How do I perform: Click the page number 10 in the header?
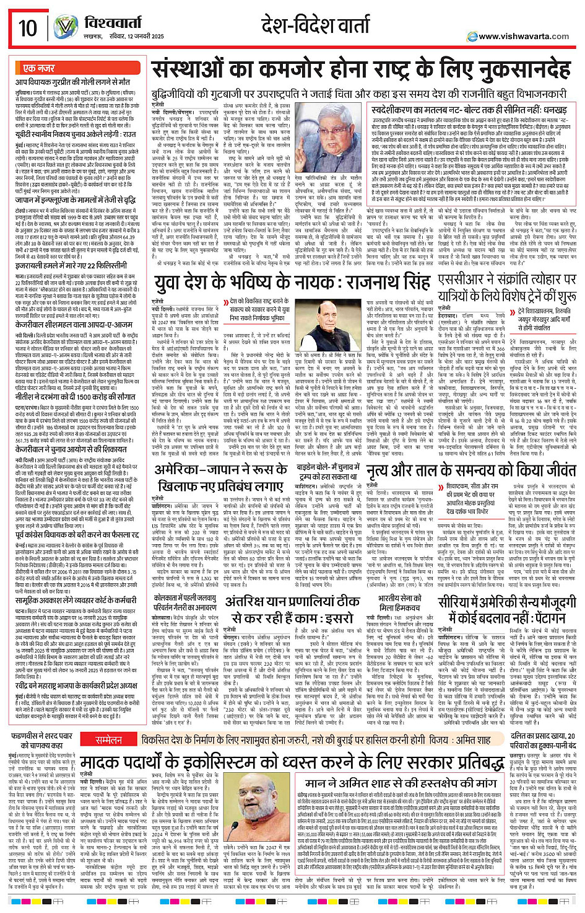(x=27, y=27)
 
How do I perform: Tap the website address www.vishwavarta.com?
(x=523, y=37)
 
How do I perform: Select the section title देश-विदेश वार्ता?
(x=315, y=25)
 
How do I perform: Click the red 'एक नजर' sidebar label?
(x=39, y=68)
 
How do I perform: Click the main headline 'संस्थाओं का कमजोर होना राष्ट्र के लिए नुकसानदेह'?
(x=361, y=69)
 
